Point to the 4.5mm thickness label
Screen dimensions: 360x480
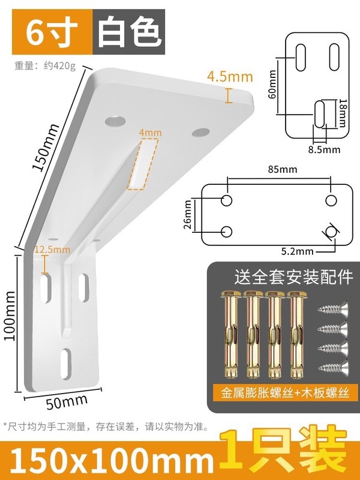point(229,77)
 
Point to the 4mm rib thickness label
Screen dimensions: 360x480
point(146,132)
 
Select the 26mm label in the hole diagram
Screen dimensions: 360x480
point(188,215)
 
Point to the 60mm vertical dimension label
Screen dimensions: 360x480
point(272,85)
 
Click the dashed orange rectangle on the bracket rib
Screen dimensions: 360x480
point(143,164)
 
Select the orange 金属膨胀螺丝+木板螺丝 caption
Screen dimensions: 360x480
point(284,393)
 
